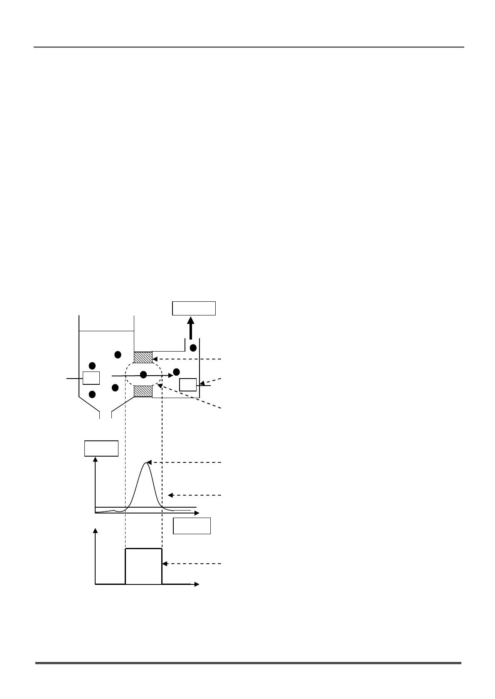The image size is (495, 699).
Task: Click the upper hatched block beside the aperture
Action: pyautogui.click(x=143, y=357)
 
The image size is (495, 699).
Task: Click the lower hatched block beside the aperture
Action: pyautogui.click(x=143, y=391)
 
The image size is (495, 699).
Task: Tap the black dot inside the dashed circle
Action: pyautogui.click(x=143, y=375)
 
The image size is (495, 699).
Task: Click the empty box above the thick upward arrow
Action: pyautogui.click(x=194, y=308)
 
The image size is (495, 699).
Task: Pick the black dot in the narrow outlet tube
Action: pyautogui.click(x=193, y=347)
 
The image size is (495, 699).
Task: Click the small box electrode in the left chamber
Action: pyautogui.click(x=91, y=378)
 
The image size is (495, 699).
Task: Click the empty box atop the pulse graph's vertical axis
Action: pyautogui.click(x=101, y=448)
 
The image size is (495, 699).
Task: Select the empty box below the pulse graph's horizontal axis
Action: pyautogui.click(x=192, y=525)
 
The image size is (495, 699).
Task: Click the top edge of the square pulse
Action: pyautogui.click(x=143, y=548)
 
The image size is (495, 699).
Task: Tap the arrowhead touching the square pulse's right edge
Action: pyautogui.click(x=165, y=564)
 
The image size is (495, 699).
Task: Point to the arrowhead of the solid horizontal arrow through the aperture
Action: pyautogui.click(x=170, y=375)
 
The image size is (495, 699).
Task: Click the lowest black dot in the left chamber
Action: pyautogui.click(x=92, y=394)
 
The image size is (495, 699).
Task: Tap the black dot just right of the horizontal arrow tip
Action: pyautogui.click(x=177, y=371)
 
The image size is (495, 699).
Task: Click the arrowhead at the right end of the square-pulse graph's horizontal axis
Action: pyautogui.click(x=197, y=584)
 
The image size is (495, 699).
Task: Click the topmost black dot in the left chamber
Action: pyautogui.click(x=118, y=354)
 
